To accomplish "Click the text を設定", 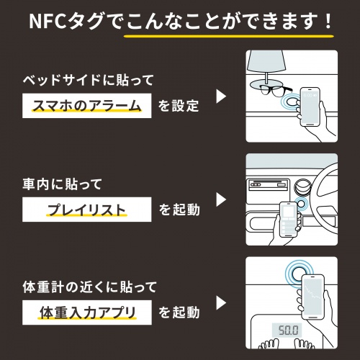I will [x=179, y=107].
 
